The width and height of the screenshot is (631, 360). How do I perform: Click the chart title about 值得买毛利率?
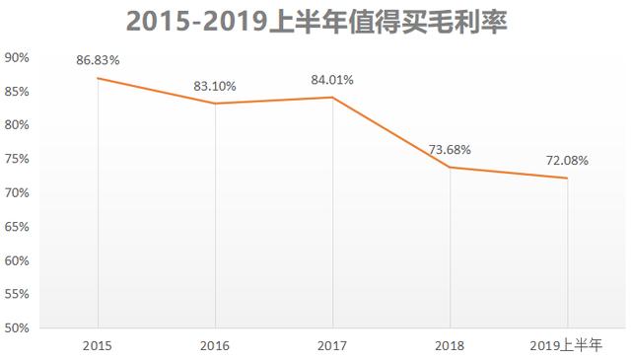[315, 21]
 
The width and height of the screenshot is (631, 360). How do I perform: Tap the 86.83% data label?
[98, 60]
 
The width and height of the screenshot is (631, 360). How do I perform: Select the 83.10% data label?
[215, 86]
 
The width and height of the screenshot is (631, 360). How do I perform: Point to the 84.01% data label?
[332, 80]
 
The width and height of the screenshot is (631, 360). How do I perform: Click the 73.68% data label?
[450, 150]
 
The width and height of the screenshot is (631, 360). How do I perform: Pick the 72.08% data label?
[567, 160]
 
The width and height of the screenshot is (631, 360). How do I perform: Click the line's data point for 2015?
[98, 78]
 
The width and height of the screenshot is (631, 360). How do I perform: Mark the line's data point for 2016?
[215, 104]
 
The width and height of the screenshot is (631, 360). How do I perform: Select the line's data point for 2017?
[332, 97]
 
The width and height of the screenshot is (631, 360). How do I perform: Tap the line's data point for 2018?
[450, 167]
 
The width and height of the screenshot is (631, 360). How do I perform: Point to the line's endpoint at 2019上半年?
[567, 178]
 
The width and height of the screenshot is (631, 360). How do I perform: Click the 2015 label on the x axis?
[98, 346]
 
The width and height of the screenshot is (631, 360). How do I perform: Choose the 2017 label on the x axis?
[332, 346]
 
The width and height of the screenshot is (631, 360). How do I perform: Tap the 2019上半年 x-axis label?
[567, 346]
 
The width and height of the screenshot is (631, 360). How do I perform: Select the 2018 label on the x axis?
[450, 346]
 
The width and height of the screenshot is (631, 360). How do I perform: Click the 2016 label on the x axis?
[215, 346]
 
